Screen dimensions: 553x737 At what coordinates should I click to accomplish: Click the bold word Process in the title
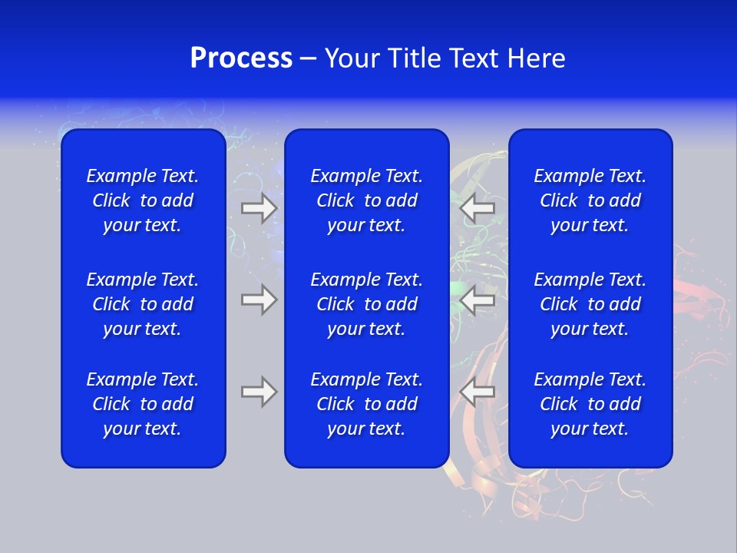pos(241,58)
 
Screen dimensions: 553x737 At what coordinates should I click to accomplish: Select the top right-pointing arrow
pos(259,207)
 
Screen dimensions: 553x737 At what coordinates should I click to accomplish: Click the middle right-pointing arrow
pos(259,300)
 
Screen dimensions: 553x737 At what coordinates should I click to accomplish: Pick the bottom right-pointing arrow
pos(259,392)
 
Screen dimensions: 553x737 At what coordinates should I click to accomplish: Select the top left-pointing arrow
pos(478,207)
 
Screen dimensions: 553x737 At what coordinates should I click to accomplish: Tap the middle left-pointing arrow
pos(478,300)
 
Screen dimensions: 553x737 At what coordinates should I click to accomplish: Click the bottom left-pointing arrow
pos(478,392)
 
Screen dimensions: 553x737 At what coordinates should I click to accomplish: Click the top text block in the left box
pos(143,200)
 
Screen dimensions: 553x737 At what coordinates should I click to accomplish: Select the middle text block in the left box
pos(143,304)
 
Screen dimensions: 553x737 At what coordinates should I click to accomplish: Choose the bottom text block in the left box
pos(143,404)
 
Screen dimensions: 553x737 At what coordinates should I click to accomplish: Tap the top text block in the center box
pos(366,200)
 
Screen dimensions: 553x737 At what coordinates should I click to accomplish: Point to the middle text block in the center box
pos(366,304)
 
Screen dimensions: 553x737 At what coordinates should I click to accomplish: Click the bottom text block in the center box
pos(366,404)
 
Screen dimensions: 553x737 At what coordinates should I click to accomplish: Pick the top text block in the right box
pos(590,200)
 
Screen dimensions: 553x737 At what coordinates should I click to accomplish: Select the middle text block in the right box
pos(590,304)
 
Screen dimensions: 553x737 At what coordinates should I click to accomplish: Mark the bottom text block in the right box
pos(590,404)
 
